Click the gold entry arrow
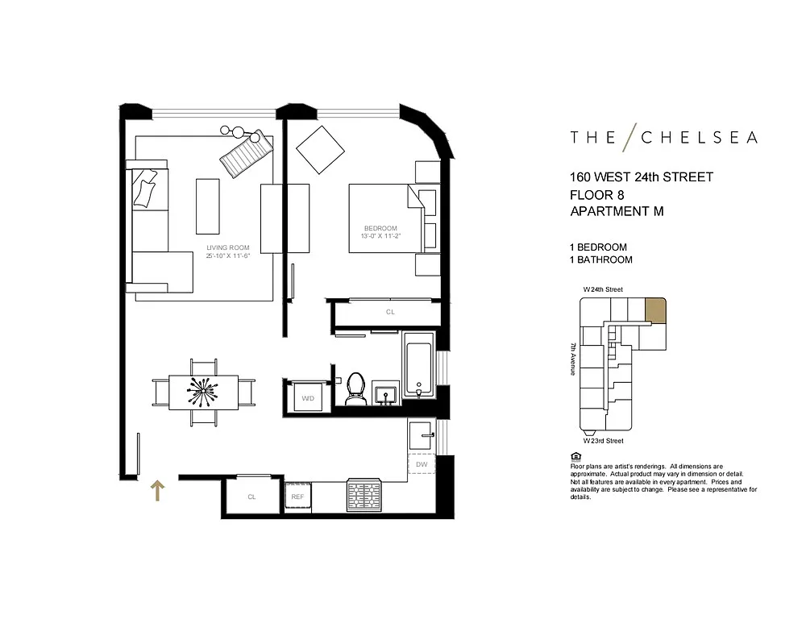157,491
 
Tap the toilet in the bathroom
355,388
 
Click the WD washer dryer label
308,398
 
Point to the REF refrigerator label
297,496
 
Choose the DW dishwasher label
422,464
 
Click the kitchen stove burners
364,495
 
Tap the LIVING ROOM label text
228,247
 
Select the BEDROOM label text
380,228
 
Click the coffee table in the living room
208,206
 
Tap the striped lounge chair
246,153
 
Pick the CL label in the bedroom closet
390,312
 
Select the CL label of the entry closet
251,496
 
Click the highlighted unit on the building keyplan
655,310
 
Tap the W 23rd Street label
603,441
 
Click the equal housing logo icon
575,456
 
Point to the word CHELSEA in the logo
699,137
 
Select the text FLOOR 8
596,195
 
